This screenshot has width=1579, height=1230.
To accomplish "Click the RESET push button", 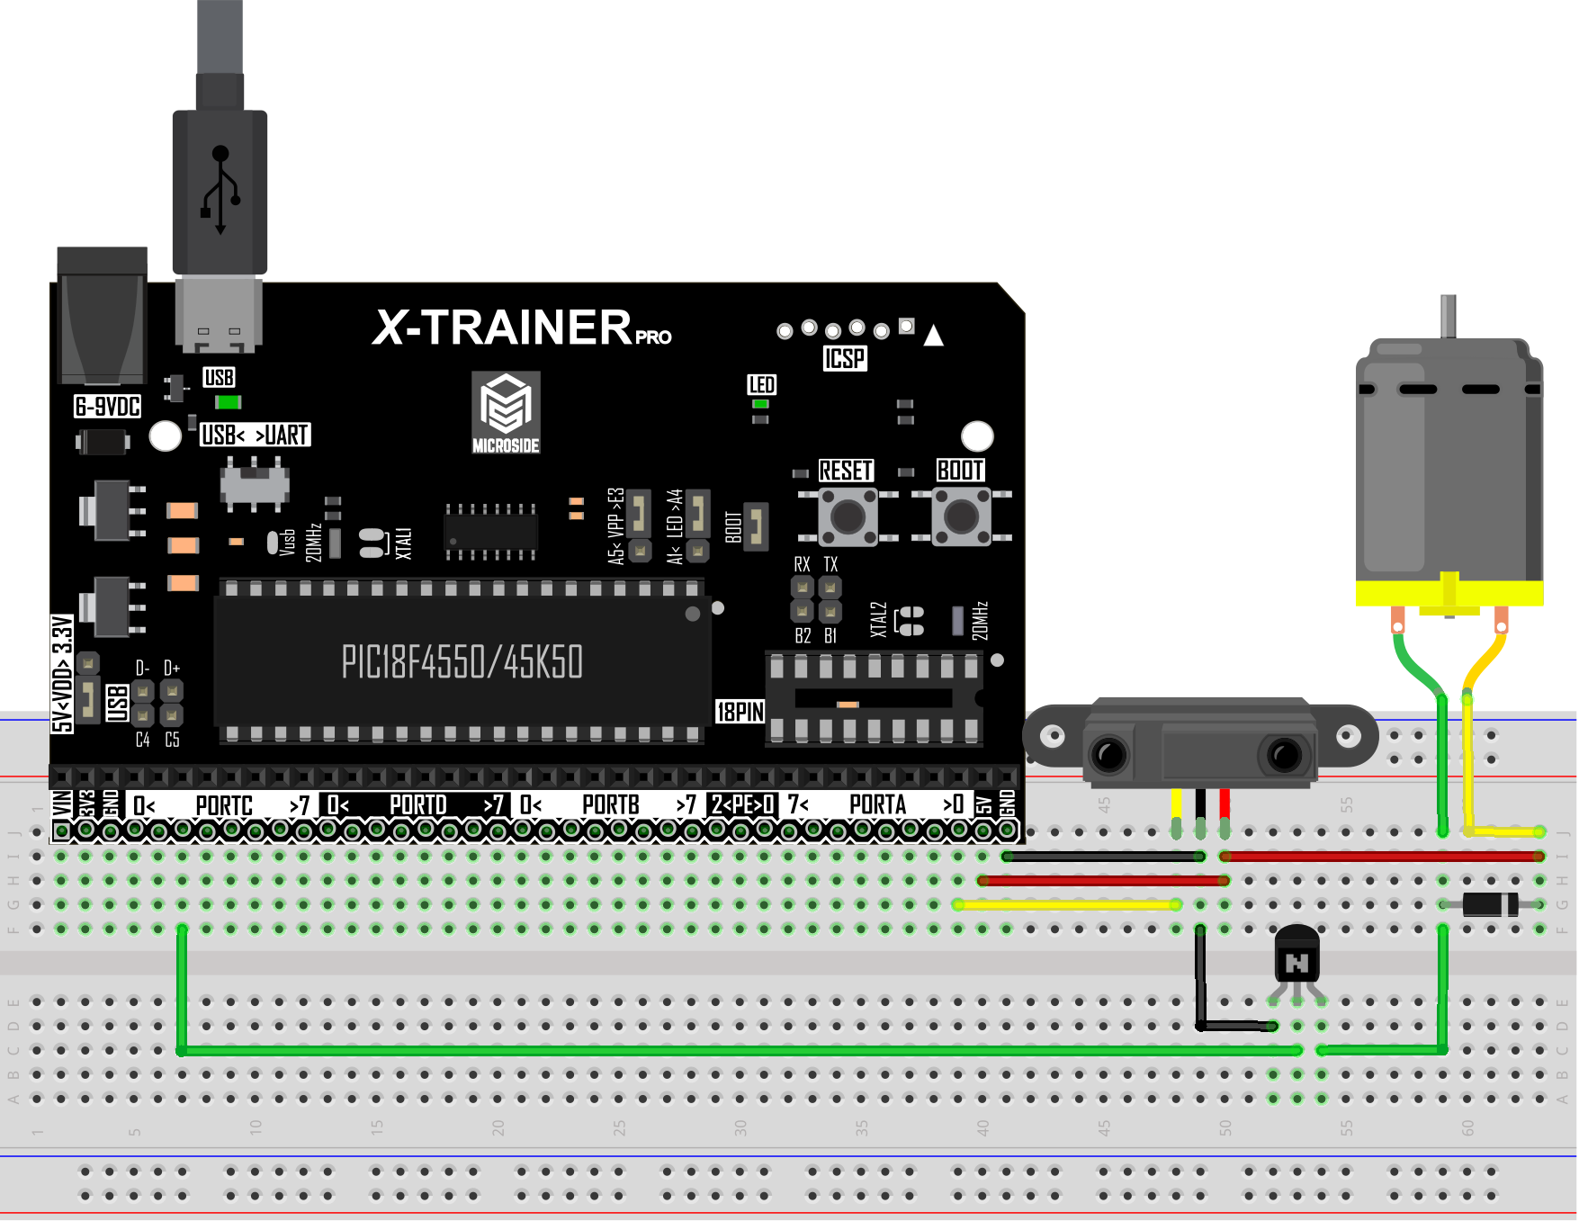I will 848,516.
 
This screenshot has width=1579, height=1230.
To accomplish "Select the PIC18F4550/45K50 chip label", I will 462,662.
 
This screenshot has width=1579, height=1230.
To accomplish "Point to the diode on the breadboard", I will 1489,903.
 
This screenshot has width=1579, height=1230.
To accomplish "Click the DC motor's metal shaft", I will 1448,316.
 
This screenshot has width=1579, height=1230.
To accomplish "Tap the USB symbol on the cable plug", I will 220,190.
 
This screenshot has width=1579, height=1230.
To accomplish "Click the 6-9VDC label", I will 107,407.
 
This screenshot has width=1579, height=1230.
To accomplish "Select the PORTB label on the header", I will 610,804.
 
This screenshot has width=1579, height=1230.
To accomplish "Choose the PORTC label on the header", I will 223,804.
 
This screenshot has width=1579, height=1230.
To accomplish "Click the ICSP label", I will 844,359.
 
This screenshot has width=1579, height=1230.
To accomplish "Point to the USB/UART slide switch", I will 255,483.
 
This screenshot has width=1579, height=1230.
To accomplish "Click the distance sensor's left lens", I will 1108,753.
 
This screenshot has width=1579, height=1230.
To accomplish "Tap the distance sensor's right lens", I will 1284,753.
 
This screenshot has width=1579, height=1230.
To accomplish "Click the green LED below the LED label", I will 760,404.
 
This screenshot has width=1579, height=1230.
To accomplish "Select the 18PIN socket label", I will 740,712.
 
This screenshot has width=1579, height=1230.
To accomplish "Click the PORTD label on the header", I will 417,804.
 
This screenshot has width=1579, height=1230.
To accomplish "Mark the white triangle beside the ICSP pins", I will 934,336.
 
